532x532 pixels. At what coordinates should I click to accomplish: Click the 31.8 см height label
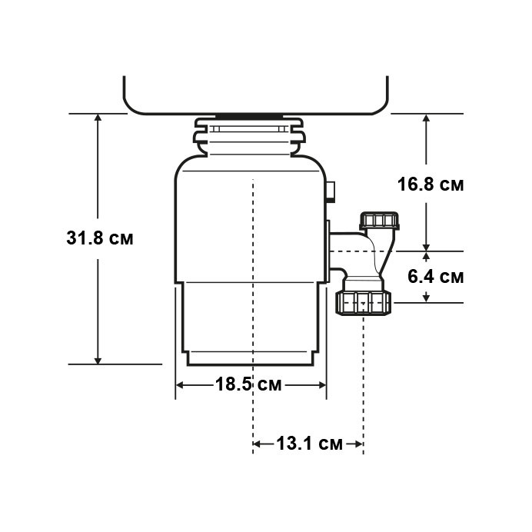[99, 238]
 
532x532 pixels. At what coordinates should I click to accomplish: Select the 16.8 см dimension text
[431, 185]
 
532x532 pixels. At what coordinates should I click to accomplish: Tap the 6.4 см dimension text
[435, 276]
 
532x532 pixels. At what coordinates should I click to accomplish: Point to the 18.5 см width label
[248, 385]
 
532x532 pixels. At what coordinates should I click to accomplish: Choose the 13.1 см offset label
[308, 444]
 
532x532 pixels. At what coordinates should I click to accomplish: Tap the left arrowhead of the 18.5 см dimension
[182, 385]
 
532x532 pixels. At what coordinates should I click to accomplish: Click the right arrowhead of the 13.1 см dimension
[357, 444]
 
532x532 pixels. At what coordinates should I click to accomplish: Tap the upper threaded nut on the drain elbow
[380, 222]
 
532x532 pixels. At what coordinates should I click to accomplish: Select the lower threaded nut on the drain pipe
[364, 301]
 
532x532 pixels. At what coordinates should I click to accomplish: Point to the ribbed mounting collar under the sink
[249, 135]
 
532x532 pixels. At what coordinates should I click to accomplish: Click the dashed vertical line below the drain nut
[363, 369]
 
